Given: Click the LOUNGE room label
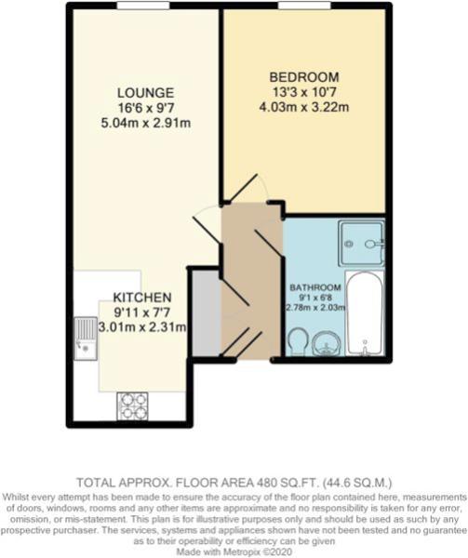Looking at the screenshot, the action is pos(145,93).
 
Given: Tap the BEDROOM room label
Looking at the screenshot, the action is pos(304,77).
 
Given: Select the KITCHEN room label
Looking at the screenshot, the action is pos(142,298).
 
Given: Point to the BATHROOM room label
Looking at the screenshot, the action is pos(315,287).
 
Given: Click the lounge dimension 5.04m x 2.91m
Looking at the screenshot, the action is pos(145,123).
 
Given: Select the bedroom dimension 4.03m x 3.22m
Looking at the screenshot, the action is pos(304,107).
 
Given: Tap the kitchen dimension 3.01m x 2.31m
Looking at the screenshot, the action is pos(142,327).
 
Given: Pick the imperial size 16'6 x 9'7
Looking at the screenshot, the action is pos(145,108).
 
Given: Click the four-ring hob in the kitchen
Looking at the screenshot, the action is pos(132,406).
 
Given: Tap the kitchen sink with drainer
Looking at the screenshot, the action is pos(86,339).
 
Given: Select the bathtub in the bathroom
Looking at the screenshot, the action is pos(365,313).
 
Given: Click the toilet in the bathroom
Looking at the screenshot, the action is pos(299,342).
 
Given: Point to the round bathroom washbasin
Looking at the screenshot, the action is pos(327,342).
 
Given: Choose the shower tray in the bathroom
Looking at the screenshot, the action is pos(361,244).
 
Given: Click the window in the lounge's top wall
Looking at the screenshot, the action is pos(143,6).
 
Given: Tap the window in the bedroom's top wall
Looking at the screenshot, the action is pos(304,6).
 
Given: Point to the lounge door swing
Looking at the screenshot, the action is pos(207,224).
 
